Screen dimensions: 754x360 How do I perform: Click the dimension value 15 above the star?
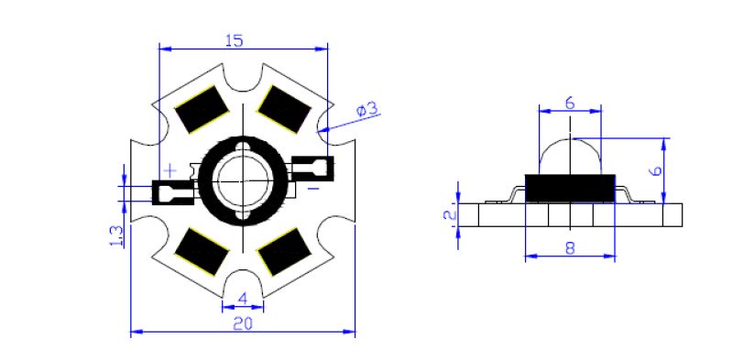point(234,41)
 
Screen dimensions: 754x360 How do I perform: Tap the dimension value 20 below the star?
point(243,324)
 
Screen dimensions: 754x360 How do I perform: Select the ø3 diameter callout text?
point(368,110)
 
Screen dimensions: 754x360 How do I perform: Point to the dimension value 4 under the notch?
point(243,299)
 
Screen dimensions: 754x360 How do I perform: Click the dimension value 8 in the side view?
point(570,248)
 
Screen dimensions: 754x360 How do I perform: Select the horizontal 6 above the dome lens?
point(570,104)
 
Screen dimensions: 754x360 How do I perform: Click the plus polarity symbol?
point(170,169)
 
